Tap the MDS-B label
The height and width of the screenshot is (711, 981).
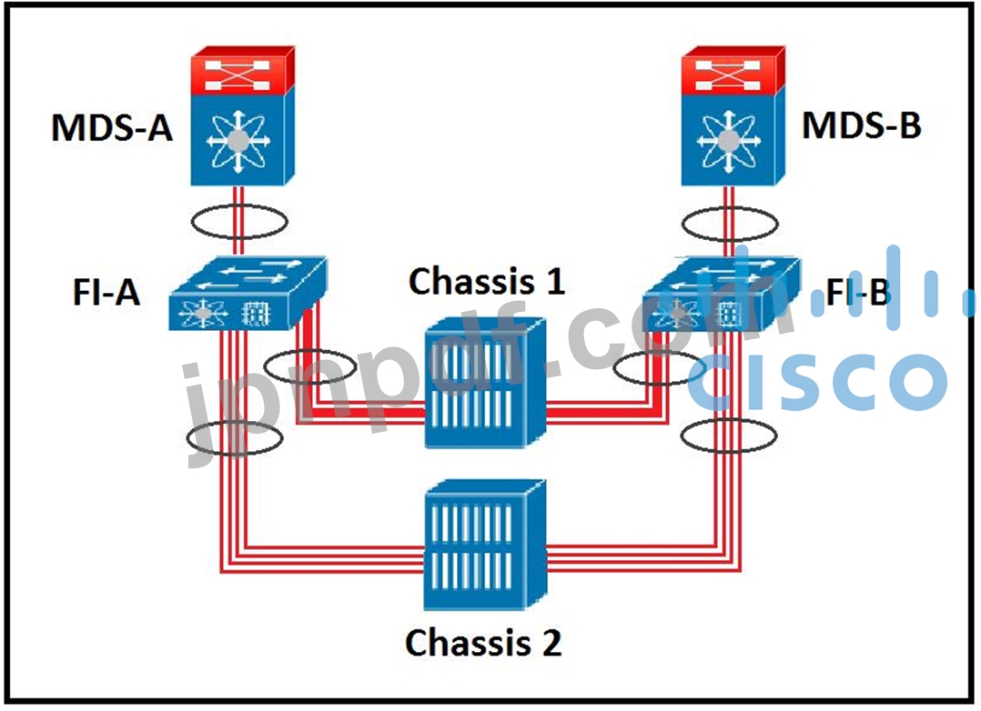(862, 125)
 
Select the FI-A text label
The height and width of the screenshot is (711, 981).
(106, 292)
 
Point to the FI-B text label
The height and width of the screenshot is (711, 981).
(858, 292)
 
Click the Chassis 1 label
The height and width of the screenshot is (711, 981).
(487, 281)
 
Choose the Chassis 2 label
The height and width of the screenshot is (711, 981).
(483, 642)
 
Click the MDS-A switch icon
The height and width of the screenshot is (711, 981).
(243, 115)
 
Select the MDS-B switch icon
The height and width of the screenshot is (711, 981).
(733, 115)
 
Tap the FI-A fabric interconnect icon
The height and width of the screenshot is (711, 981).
(248, 293)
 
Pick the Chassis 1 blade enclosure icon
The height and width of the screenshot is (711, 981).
(486, 383)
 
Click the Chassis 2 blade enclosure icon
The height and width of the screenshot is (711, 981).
(485, 545)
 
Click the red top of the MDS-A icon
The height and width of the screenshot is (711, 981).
(243, 70)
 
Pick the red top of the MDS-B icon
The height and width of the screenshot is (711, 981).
(733, 70)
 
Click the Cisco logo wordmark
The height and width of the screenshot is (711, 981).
(816, 379)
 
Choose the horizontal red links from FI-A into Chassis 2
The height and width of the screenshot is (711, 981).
(323, 559)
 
